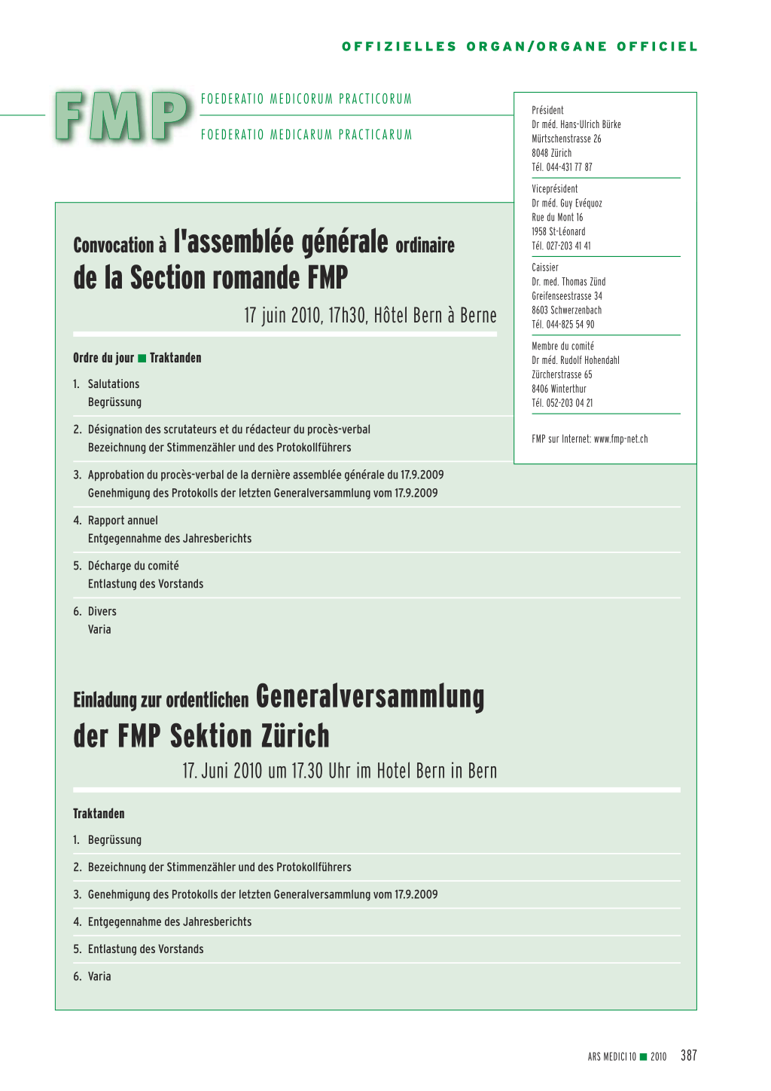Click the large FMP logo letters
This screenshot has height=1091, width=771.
coord(122,117)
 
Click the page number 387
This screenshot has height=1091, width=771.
coord(688,1056)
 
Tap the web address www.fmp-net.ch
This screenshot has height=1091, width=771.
coord(620,439)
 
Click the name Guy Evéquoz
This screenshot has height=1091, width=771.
coord(581,203)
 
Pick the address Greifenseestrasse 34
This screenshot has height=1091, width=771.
coord(567,296)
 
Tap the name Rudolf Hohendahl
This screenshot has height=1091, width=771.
coord(590,360)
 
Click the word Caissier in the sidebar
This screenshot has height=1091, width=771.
coord(545,267)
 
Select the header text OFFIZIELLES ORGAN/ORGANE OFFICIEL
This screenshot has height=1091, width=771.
coord(520,47)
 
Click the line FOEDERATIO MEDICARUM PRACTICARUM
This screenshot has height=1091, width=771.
coord(306,135)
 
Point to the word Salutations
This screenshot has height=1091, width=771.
coord(114,384)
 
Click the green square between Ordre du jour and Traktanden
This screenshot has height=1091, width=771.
coord(142,358)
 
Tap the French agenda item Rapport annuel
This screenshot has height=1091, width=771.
coord(123,521)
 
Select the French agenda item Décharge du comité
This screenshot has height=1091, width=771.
coord(133,566)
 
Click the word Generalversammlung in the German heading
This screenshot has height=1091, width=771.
coord(370,697)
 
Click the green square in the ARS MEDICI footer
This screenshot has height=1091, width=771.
coord(643,1056)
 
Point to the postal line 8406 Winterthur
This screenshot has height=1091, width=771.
coord(559,389)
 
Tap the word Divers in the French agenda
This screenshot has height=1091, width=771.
coord(102,612)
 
